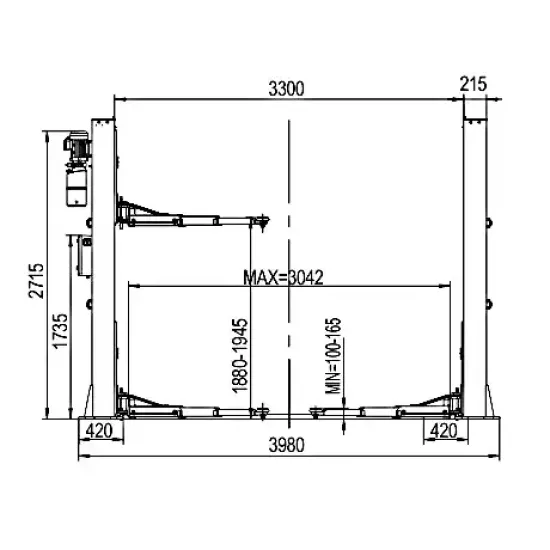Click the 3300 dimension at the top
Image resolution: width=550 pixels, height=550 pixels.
click(x=286, y=88)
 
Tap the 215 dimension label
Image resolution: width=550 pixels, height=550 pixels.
click(x=473, y=84)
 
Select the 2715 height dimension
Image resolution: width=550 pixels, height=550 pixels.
click(x=36, y=281)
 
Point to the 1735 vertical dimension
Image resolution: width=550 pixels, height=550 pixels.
click(x=60, y=331)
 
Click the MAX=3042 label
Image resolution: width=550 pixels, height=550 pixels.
click(x=283, y=278)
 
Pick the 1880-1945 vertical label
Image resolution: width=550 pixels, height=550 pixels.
click(x=240, y=355)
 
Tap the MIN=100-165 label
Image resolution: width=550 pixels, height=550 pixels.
click(x=333, y=356)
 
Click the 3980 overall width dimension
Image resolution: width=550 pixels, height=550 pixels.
click(x=287, y=445)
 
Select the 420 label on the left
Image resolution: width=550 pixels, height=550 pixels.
click(x=99, y=430)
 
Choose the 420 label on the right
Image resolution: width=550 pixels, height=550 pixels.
click(x=444, y=430)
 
